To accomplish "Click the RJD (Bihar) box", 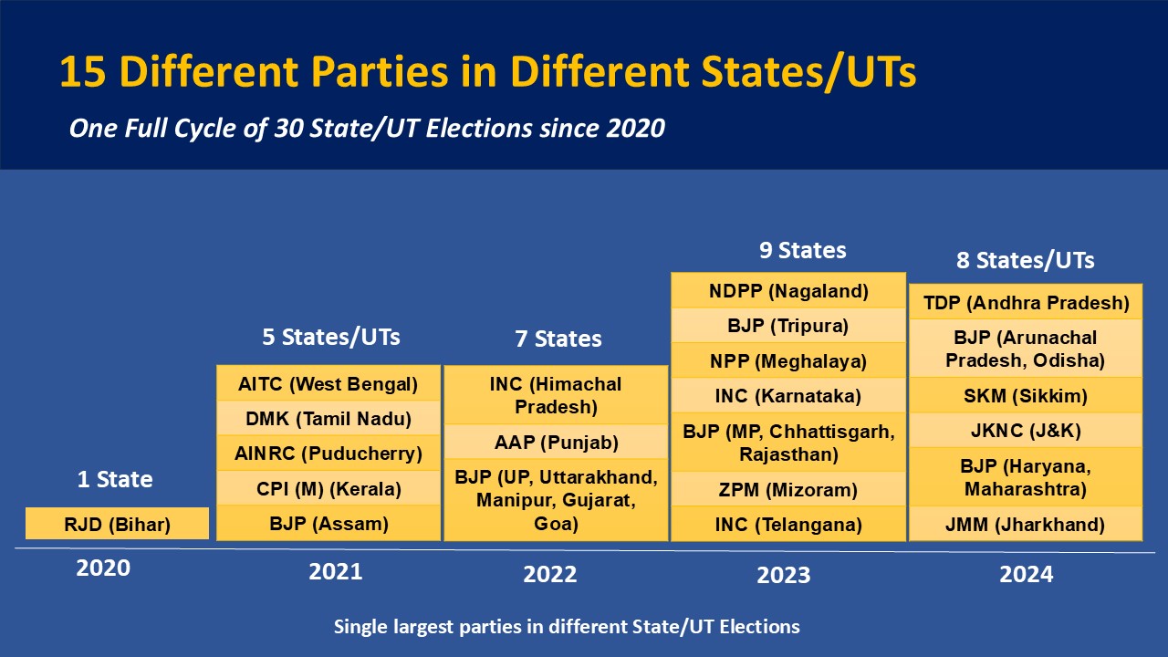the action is click(x=118, y=524).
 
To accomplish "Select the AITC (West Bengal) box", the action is click(x=328, y=383).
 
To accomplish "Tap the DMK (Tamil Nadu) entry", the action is click(x=328, y=418).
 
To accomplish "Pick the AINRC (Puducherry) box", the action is click(x=328, y=454).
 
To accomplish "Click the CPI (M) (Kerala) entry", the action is click(x=328, y=488).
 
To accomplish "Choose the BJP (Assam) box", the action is click(x=328, y=523).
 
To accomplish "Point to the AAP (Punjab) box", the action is click(x=556, y=443).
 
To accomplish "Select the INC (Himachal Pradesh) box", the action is click(x=556, y=395).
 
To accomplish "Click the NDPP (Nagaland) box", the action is click(x=788, y=290).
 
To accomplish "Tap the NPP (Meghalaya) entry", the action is click(x=788, y=360).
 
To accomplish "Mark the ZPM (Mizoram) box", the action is click(x=788, y=489).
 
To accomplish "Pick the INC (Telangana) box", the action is click(x=788, y=524).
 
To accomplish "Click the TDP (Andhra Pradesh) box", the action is click(x=1026, y=302).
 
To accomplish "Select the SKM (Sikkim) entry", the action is click(x=1026, y=395).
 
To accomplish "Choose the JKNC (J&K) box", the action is click(x=1026, y=430).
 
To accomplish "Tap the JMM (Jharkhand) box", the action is click(x=1026, y=524).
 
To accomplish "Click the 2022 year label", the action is click(x=550, y=574).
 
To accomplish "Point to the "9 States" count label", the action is click(x=802, y=250).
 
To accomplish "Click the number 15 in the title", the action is click(x=83, y=71).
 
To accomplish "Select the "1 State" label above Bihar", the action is click(x=115, y=479).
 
